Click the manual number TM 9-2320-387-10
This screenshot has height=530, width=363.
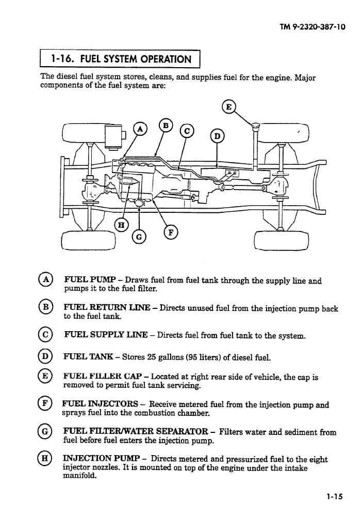312,27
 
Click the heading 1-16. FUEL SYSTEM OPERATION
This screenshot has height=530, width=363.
121,59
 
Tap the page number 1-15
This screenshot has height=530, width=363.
334,496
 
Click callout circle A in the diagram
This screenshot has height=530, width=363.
140,129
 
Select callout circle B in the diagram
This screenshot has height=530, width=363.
166,126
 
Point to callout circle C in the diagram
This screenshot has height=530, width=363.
187,131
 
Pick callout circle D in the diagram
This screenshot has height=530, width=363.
217,136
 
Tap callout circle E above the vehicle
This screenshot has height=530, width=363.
228,107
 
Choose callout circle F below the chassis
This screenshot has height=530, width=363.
171,232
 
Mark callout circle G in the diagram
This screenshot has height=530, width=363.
139,237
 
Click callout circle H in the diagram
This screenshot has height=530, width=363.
121,225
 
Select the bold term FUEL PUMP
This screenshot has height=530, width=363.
90,280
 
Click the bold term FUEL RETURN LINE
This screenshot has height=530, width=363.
107,307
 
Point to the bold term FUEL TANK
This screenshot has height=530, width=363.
88,356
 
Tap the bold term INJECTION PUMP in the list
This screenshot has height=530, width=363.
101,458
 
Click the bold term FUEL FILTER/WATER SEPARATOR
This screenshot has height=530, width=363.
136,431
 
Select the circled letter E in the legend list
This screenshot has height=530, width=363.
44,376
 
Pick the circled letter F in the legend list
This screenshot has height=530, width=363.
44,403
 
